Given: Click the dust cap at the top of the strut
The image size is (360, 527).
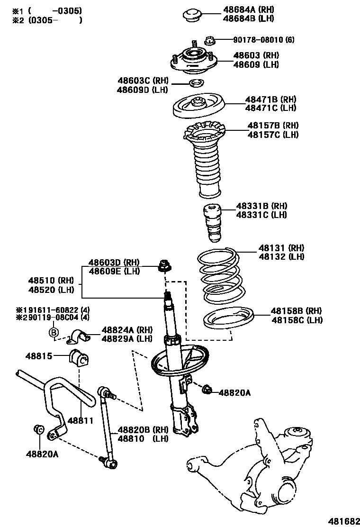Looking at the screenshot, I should [193, 14].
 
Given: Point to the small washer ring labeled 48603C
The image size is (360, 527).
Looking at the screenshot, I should [196, 84].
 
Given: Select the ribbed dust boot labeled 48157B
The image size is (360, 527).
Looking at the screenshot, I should [205, 161].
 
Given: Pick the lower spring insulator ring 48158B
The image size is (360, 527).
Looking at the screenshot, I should [229, 320].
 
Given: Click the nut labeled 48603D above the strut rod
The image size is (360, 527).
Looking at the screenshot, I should [164, 267].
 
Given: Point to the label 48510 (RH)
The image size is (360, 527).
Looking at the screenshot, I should [45, 280].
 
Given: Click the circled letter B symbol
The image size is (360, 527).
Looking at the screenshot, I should [54, 332].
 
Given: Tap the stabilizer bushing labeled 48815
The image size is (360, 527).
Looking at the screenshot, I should [79, 360].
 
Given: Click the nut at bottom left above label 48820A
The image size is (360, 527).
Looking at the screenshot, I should [39, 429].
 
